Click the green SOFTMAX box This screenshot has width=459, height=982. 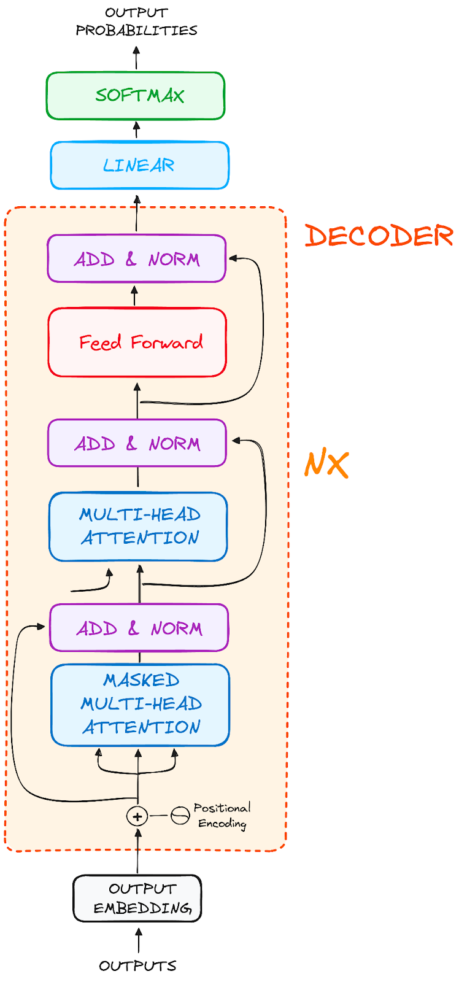coord(136,96)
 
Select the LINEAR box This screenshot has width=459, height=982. coord(139,166)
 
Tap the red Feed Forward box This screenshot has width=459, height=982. coord(137,342)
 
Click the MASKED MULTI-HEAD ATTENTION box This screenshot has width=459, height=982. coord(140,705)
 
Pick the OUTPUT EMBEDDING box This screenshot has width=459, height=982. coord(137,899)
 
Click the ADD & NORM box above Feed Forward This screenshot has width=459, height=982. coord(136,259)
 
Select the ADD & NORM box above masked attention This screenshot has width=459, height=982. coord(139,628)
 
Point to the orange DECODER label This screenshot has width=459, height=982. coord(379,236)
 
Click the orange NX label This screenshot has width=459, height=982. coord(326,465)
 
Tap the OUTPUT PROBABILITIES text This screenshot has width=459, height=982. coord(136,21)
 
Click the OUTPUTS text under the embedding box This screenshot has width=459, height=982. coord(137,966)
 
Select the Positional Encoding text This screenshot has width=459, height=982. coord(222,816)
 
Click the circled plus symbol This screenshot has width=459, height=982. coord(137,816)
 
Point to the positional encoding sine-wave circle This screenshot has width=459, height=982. coord(180,816)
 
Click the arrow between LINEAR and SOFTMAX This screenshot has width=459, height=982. coord(137,130)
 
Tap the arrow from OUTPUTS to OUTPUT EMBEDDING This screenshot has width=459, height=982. coord(138,940)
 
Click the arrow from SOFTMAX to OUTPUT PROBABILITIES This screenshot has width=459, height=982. coord(136,59)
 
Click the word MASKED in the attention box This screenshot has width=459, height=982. coord(141,680)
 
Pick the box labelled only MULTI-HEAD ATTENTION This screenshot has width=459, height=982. coord(138,527)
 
